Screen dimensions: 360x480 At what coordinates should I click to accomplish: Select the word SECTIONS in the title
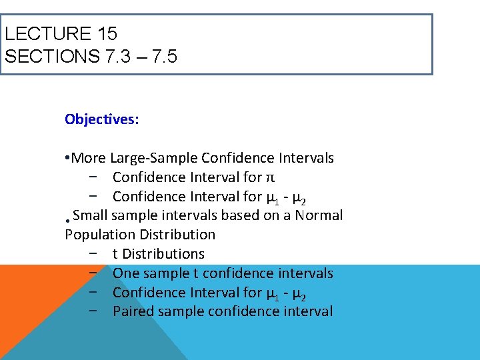pyautogui.click(x=52, y=56)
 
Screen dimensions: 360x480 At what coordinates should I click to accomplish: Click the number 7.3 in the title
pyautogui.click(x=119, y=56)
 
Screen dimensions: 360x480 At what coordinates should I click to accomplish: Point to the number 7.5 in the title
pyautogui.click(x=163, y=56)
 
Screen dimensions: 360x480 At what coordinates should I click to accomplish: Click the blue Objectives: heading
pyautogui.click(x=102, y=119)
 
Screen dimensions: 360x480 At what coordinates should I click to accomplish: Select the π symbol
pyautogui.click(x=271, y=178)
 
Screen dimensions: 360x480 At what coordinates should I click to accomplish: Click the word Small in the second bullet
pyautogui.click(x=90, y=215)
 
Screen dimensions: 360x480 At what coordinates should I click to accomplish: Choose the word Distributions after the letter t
pyautogui.click(x=163, y=254)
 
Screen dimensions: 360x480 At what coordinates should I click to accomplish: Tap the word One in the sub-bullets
pyautogui.click(x=125, y=273)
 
